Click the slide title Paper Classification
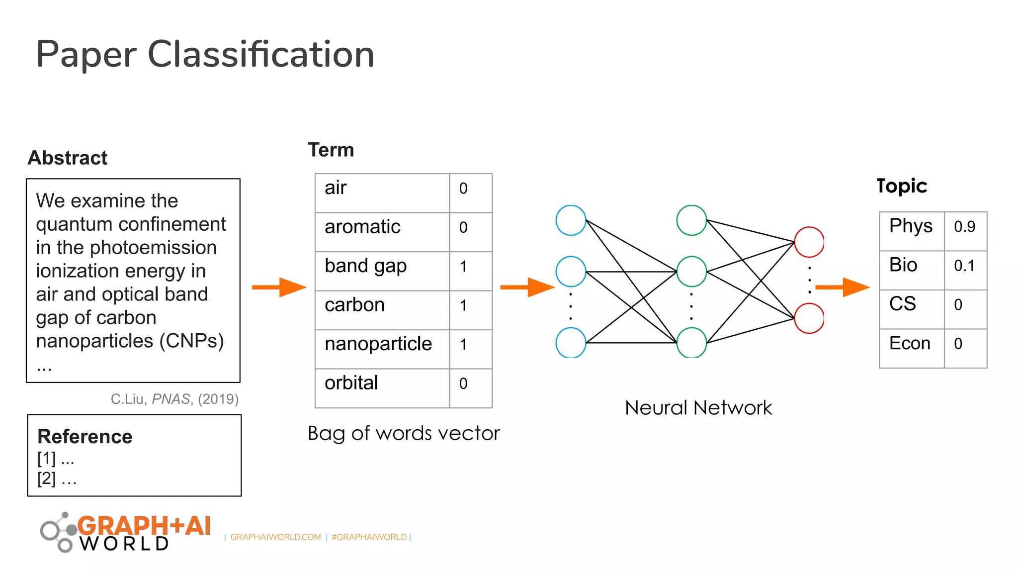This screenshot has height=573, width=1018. pos(205,55)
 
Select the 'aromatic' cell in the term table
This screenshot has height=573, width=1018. pos(382,232)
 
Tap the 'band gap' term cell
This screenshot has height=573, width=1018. pos(382,271)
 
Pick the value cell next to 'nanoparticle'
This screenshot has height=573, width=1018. pos(471,349)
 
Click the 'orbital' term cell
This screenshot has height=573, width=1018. pos(382,388)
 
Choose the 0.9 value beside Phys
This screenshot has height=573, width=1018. pos(965,231)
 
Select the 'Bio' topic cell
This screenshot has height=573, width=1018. pos(912,271)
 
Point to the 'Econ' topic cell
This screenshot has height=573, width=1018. pos(912,349)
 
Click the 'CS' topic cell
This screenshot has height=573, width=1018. pos(912,309)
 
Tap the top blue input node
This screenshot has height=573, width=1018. pos(571,220)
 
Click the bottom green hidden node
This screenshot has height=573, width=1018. pos(691,343)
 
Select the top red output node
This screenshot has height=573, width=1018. pos(809,242)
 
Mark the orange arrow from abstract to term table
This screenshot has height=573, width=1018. pos(279,287)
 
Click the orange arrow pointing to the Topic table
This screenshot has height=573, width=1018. pos(843,287)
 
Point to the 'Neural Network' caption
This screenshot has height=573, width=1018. pos(698,408)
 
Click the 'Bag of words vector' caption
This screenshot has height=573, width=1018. pos(404,434)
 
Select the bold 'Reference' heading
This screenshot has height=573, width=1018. pos(85,437)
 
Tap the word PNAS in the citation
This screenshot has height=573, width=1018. pos(171,399)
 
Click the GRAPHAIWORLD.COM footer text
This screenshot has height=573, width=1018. pos(275,537)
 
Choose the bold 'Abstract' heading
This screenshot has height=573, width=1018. pos(68,158)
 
